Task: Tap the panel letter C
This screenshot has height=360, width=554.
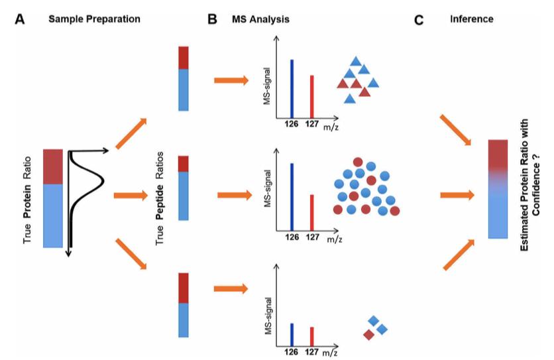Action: pos(419,20)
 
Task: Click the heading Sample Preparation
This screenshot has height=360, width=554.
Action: pos(94,19)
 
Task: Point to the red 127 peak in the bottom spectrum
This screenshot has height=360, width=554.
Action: pos(311,336)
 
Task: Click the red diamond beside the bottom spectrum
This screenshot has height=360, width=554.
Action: pos(368,335)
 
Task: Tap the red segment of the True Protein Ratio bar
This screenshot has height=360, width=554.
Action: pos(52,166)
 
